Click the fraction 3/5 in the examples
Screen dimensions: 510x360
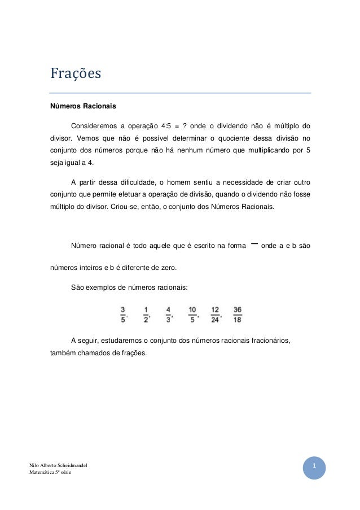[x=123, y=314]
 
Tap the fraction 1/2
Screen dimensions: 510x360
[x=146, y=314]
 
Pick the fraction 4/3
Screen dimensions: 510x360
[x=168, y=314]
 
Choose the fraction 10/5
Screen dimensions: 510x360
[x=192, y=314]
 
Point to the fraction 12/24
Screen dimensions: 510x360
[x=215, y=314]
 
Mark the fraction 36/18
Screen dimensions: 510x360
[x=237, y=314]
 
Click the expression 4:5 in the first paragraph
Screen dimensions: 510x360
[x=167, y=125]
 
